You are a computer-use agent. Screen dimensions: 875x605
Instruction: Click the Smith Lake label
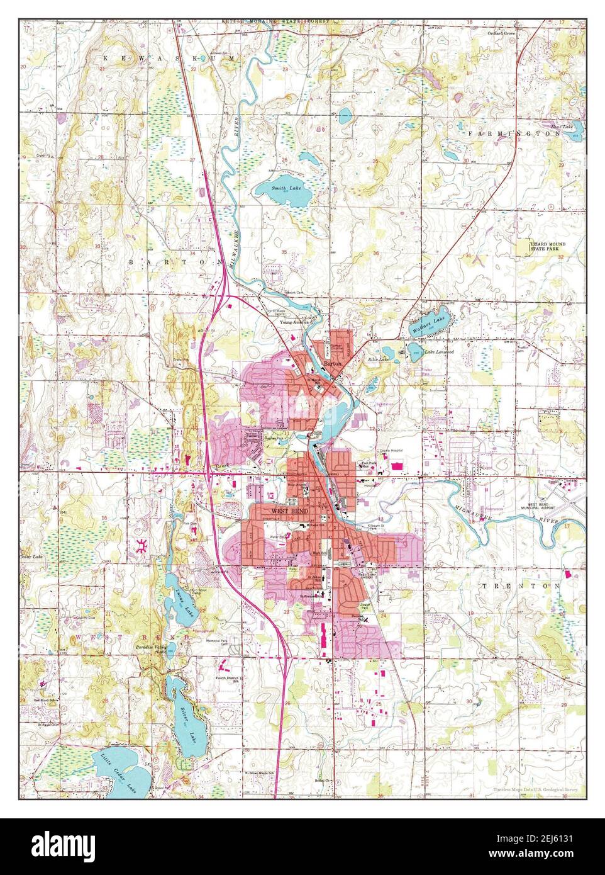click(x=283, y=188)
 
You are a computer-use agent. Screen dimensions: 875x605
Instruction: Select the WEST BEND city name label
click(x=286, y=511)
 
